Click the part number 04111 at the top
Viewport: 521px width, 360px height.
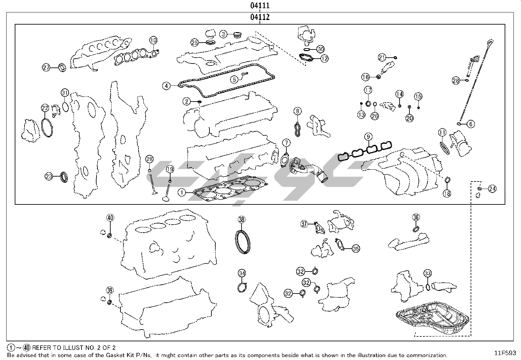pyautogui.click(x=260, y=6)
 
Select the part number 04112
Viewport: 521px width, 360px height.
pyautogui.click(x=260, y=17)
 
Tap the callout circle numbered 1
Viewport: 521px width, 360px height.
pyautogui.click(x=182, y=193)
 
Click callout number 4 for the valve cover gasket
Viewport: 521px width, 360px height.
pyautogui.click(x=167, y=86)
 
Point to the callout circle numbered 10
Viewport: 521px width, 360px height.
pyautogui.click(x=153, y=40)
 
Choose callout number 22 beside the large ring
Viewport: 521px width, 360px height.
pyautogui.click(x=45, y=108)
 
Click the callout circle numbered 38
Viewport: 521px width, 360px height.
pyautogui.click(x=242, y=220)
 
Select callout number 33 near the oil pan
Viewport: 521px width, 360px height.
pyautogui.click(x=427, y=273)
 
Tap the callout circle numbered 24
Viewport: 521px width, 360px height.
pyautogui.click(x=492, y=189)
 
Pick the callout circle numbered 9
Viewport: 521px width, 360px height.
pyautogui.click(x=368, y=136)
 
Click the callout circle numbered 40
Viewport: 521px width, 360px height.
pyautogui.click(x=110, y=218)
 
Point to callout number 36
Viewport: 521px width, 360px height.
pyautogui.click(x=416, y=217)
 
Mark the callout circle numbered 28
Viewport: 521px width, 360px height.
pyautogui.click(x=456, y=80)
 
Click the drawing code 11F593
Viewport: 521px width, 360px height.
pyautogui.click(x=505, y=353)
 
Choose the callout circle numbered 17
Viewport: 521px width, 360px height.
pyautogui.click(x=368, y=90)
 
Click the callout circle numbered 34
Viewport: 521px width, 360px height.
pyautogui.click(x=242, y=273)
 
